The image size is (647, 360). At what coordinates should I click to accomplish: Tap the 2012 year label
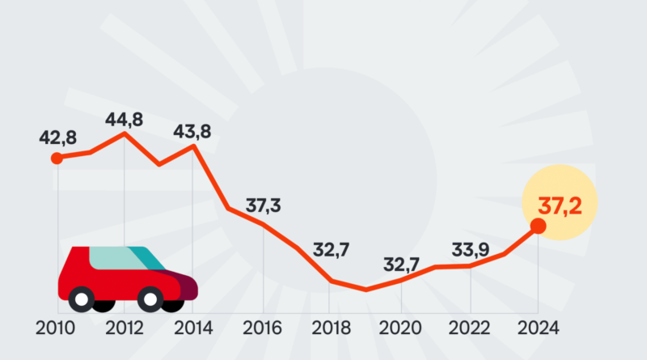click(125, 328)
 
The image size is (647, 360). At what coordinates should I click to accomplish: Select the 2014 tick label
click(193, 328)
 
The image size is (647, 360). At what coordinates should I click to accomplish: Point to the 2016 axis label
click(261, 328)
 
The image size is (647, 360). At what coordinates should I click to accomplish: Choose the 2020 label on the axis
click(400, 328)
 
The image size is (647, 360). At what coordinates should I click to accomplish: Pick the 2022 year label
click(469, 328)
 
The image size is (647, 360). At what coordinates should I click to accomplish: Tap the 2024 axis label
click(537, 328)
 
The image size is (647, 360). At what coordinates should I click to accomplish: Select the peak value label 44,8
click(125, 120)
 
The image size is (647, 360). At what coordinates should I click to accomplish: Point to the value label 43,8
click(193, 129)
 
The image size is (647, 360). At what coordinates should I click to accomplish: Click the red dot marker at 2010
click(57, 158)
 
